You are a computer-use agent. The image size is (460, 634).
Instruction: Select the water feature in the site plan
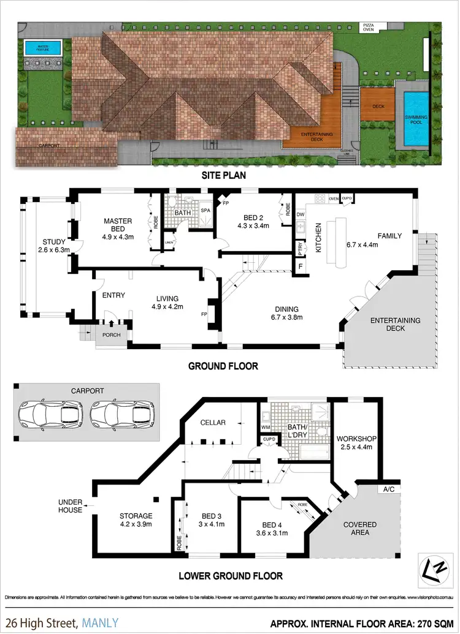[x=42, y=47]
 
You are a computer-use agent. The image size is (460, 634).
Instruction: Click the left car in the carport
[x=51, y=415]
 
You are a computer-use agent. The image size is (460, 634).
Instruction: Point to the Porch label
[x=111, y=335]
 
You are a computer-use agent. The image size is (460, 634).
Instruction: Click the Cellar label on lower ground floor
[x=213, y=423]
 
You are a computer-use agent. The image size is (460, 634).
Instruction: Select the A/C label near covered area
[x=388, y=489]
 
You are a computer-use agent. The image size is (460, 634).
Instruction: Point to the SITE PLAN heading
[x=229, y=175]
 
